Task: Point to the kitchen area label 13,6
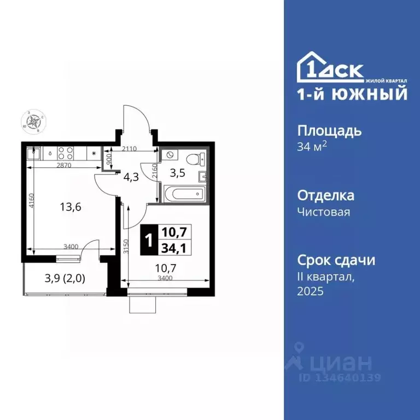coord(70,207)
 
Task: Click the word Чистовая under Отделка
coord(324,212)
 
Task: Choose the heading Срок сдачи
coord(336,260)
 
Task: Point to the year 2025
coord(311,291)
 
